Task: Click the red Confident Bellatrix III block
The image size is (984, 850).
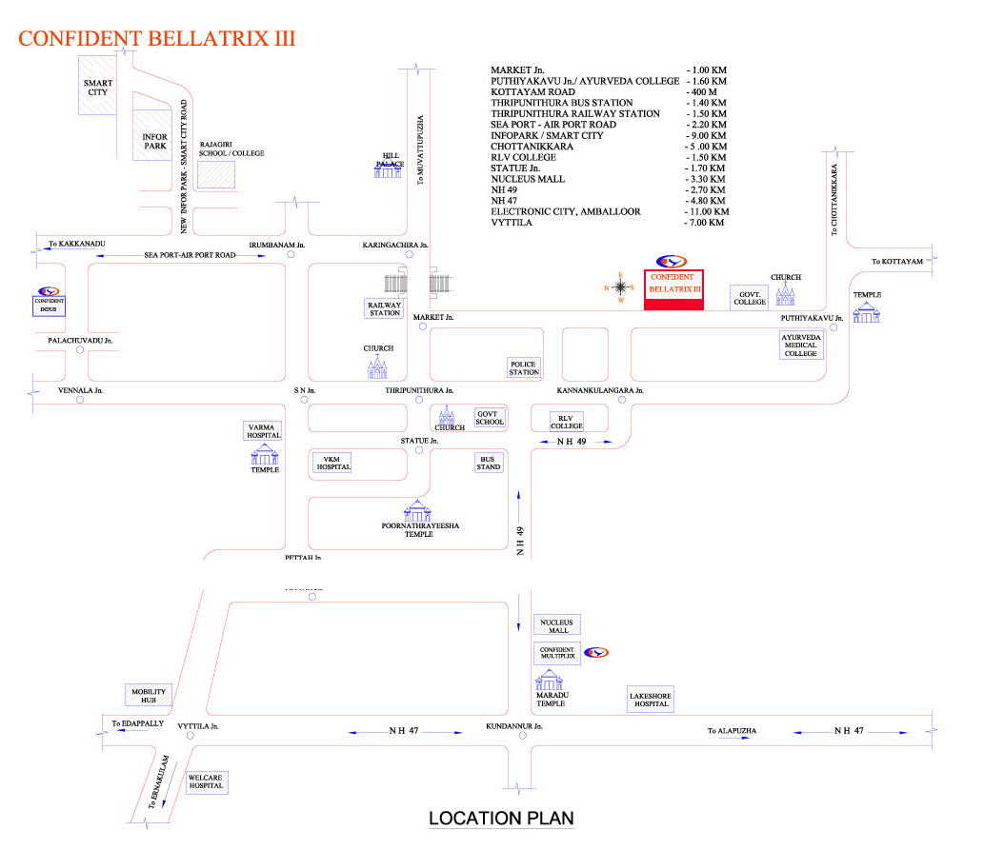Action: (673, 290)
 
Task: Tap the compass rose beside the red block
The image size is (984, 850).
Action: (620, 287)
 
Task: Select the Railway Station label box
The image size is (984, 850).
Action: (384, 308)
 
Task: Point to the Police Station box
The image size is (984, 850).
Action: (524, 367)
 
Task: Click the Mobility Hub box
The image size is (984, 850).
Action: (148, 696)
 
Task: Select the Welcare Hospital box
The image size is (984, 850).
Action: (206, 781)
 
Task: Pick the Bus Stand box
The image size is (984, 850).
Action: (489, 463)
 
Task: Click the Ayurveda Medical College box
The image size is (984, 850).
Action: (801, 346)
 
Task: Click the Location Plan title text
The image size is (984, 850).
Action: (501, 819)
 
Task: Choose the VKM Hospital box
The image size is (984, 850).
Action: (332, 463)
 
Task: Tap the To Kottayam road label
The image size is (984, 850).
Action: (898, 262)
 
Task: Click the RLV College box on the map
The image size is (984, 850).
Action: (566, 421)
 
